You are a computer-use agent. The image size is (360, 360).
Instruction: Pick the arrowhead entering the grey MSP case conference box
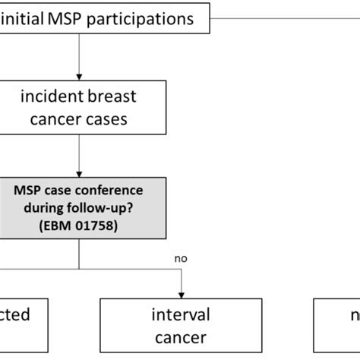point(80,174)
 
